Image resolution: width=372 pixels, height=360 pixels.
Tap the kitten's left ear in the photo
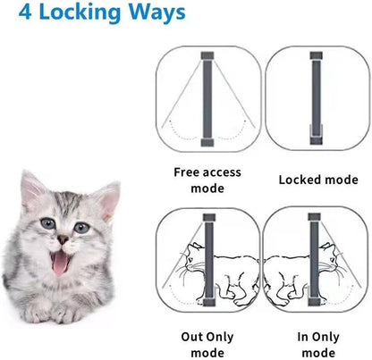(33, 190)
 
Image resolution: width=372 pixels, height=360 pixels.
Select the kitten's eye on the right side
(82, 228)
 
